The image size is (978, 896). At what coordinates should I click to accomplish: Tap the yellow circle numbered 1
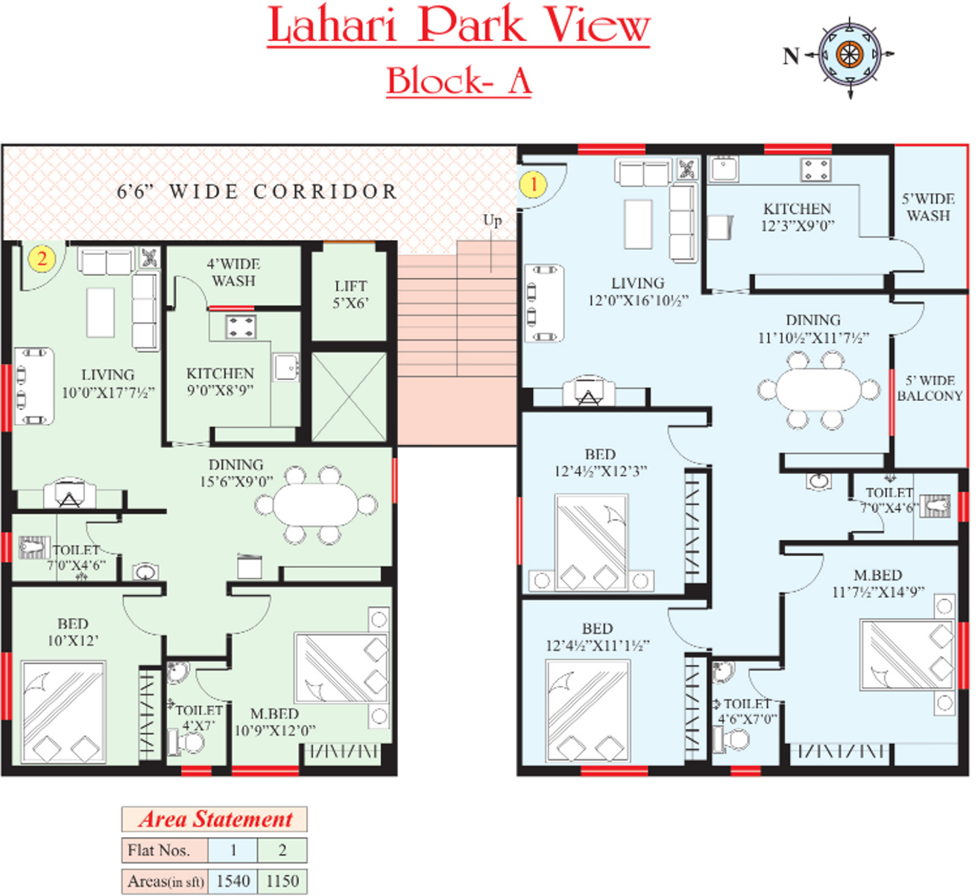[533, 183]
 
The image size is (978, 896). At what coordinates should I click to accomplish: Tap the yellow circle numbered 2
[42, 258]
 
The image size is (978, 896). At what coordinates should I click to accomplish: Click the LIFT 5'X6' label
[350, 294]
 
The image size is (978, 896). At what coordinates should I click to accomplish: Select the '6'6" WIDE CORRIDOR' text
[256, 192]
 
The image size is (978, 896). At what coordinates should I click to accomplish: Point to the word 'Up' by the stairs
[492, 221]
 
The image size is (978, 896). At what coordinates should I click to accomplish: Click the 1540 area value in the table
[233, 881]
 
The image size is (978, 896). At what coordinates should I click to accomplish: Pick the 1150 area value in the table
[282, 881]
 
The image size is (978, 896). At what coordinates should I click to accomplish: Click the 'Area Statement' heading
[215, 819]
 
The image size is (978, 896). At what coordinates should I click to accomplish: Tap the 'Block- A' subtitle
[458, 81]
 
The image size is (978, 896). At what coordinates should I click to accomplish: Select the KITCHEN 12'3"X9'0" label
[797, 217]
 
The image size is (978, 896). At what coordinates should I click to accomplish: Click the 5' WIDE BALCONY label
[929, 388]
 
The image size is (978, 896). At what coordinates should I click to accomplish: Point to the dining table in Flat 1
[818, 389]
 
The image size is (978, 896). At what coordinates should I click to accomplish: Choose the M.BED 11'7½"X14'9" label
[877, 584]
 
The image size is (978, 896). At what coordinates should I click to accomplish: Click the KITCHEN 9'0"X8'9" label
[220, 381]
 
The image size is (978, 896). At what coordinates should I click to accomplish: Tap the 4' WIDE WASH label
[233, 272]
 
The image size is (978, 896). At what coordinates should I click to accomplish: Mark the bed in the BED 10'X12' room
[63, 712]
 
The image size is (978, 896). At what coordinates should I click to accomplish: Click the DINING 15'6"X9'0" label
[236, 473]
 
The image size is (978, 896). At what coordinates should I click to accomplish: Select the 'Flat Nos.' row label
[159, 851]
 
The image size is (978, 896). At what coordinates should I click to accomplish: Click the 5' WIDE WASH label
[928, 207]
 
